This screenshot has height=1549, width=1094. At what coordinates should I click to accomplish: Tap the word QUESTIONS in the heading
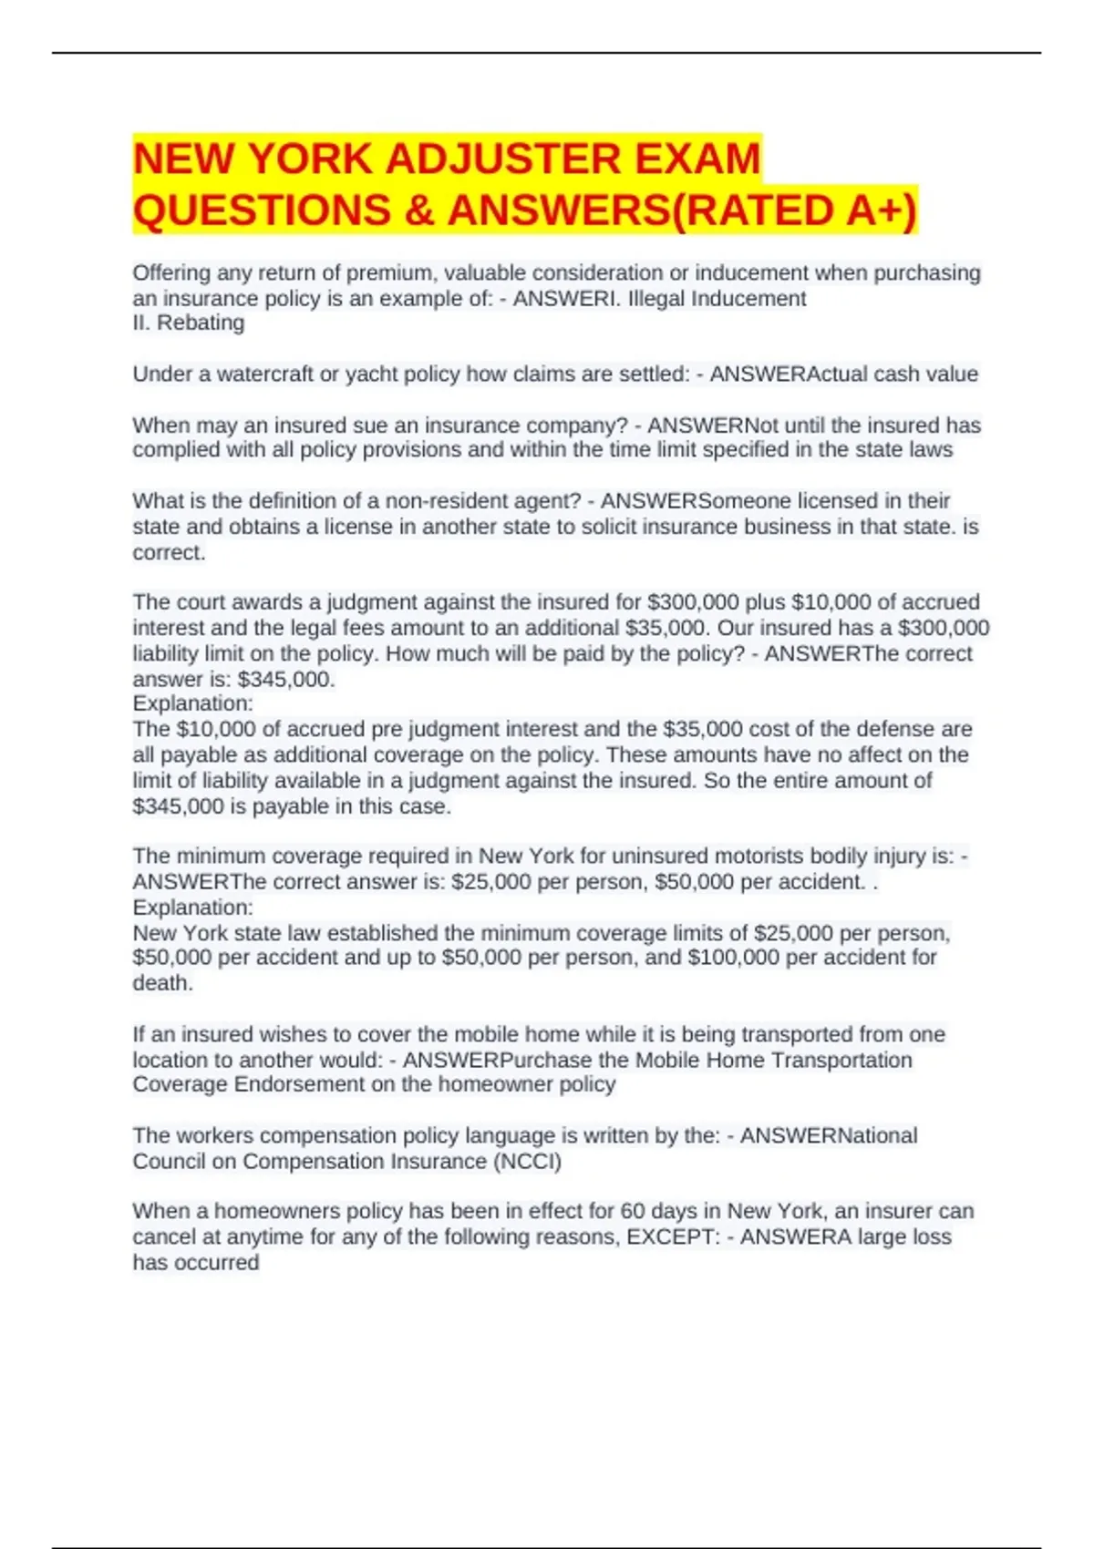pyautogui.click(x=262, y=210)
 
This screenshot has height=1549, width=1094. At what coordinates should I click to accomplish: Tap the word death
pyautogui.click(x=162, y=983)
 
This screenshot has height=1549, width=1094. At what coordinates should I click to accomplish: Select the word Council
pyautogui.click(x=171, y=1162)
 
